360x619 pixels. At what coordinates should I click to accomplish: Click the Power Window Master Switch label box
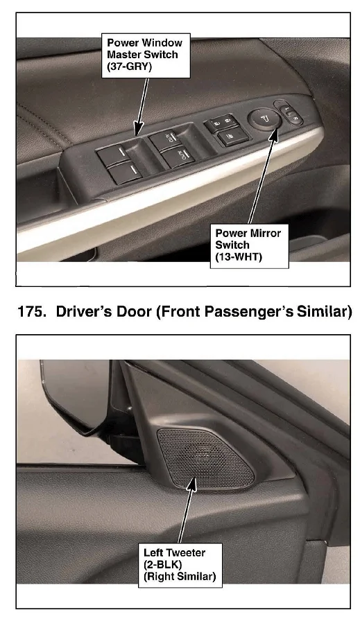146,55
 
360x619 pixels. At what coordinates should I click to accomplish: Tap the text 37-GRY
129,67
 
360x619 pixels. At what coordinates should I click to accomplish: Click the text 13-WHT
239,256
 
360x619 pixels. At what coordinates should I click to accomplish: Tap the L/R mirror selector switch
290,114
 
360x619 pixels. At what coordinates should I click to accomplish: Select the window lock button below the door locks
233,137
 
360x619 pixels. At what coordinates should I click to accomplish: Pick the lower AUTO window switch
179,155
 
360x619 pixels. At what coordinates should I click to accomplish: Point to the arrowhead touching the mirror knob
273,136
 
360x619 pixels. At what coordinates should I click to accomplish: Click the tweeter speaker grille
205,458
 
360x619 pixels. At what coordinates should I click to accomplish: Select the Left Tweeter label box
180,565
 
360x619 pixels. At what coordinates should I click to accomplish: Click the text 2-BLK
163,564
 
